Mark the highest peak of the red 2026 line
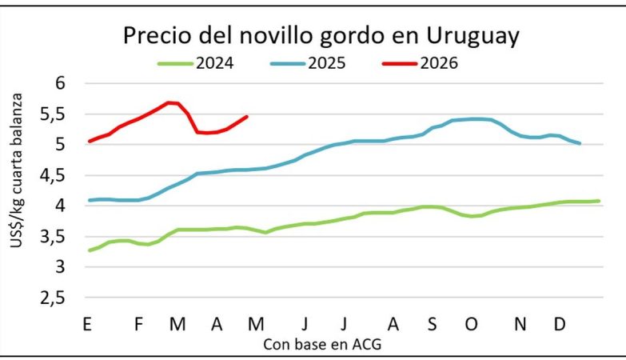pos(169,102)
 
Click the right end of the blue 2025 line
pos(580,143)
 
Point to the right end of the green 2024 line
pos(599,201)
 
